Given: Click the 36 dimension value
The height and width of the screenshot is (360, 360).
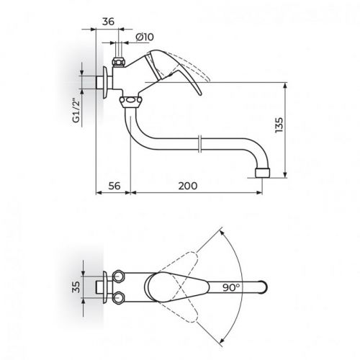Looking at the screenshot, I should click(x=109, y=21).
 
